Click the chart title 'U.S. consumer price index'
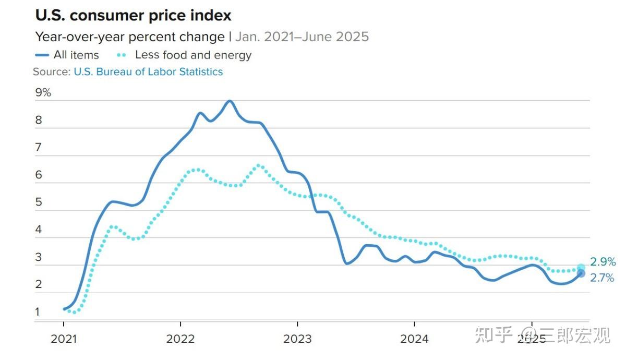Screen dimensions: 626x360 click(134, 15)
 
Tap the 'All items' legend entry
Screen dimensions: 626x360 click(67, 55)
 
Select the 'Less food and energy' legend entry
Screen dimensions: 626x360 click(184, 55)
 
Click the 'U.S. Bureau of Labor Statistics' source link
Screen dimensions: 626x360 click(148, 72)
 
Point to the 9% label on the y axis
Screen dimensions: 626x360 click(43, 92)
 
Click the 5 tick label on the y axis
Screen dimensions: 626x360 click(39, 202)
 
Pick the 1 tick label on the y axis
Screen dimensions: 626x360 click(38, 311)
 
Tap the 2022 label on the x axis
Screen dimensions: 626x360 click(180, 339)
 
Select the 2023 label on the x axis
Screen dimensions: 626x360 click(297, 339)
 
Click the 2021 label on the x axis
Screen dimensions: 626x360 click(64, 339)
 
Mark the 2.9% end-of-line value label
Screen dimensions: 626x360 click(603, 262)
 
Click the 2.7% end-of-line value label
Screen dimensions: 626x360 click(602, 278)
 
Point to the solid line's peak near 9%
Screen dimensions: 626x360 click(230, 101)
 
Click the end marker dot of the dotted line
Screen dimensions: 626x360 click(581, 268)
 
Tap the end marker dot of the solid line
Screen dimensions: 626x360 click(581, 273)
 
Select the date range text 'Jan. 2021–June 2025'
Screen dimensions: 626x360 click(302, 37)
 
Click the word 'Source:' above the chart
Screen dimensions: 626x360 click(52, 72)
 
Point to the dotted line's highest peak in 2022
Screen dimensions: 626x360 click(259, 165)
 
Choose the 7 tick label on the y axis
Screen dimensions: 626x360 click(38, 147)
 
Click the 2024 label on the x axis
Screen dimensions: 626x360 click(414, 339)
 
